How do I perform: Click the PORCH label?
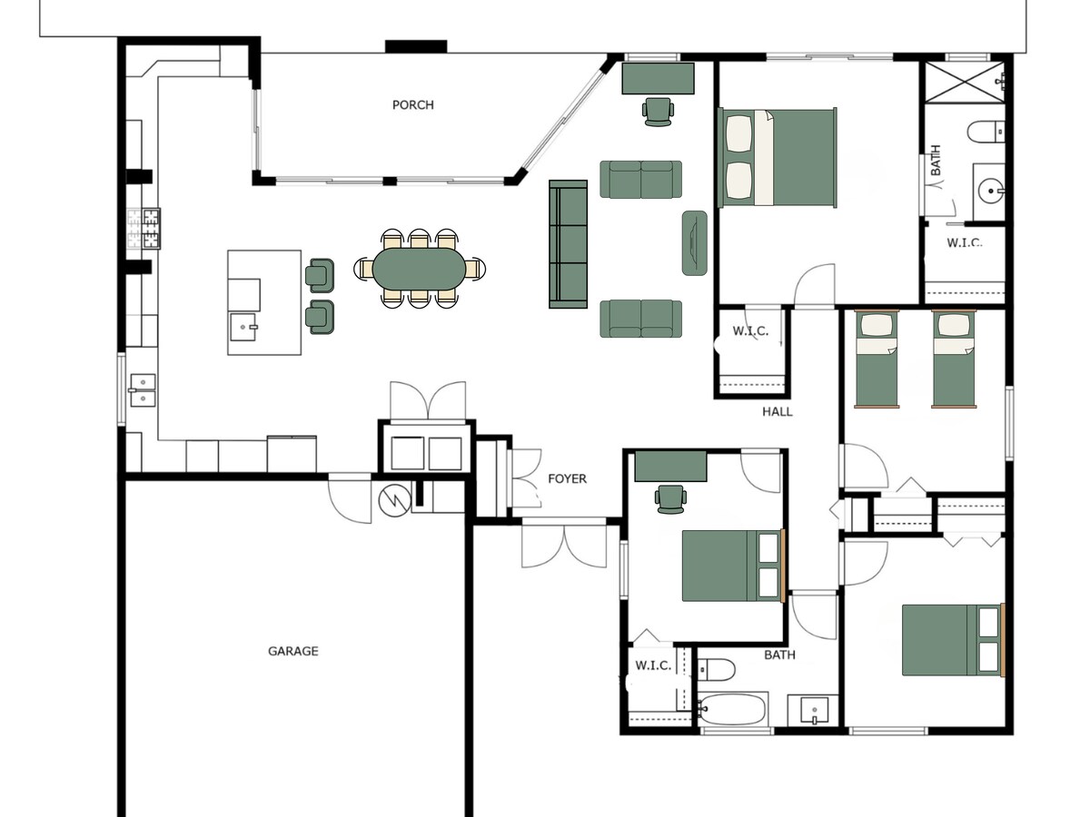coord(412,105)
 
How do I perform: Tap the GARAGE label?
coord(293,651)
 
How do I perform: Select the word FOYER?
coord(567,478)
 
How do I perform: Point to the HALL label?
coord(778,412)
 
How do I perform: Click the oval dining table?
coord(419,269)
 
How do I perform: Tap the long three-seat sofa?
coord(568,244)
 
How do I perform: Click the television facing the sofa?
coord(694,242)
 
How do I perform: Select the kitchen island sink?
coord(243,327)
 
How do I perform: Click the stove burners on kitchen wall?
coord(144,228)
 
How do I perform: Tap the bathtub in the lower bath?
coord(733,709)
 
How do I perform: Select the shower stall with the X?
coord(965,83)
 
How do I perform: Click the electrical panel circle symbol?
coord(394,500)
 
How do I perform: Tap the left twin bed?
coord(877,359)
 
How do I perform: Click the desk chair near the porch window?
coord(658,112)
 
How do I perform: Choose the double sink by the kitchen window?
coord(143,390)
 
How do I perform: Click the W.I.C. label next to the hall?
coord(750,330)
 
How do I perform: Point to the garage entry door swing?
coord(350,498)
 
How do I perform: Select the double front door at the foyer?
coord(564,543)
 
